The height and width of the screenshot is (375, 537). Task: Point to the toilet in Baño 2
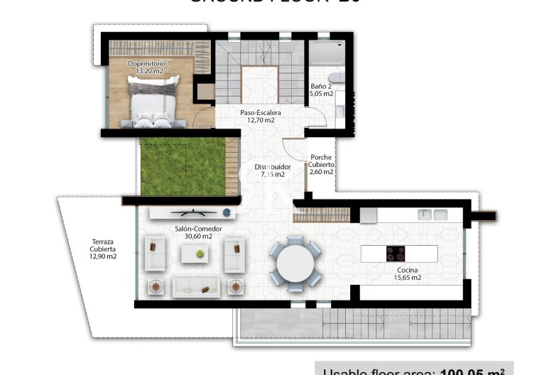[x=338, y=77]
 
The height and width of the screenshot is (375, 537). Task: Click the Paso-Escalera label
[x=260, y=112]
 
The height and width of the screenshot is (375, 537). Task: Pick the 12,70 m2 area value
[x=260, y=120]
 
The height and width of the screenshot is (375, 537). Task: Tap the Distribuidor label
[x=273, y=167]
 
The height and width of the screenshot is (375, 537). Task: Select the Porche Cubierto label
[x=320, y=161]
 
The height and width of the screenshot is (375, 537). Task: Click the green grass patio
[x=183, y=166]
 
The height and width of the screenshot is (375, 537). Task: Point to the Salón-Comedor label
[x=198, y=229]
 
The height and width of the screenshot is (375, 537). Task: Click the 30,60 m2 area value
[x=198, y=237]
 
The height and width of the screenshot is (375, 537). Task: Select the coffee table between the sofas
[x=195, y=254]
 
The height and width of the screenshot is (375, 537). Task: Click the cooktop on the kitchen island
[x=395, y=253]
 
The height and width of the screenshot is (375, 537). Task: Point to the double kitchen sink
[x=433, y=214]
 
